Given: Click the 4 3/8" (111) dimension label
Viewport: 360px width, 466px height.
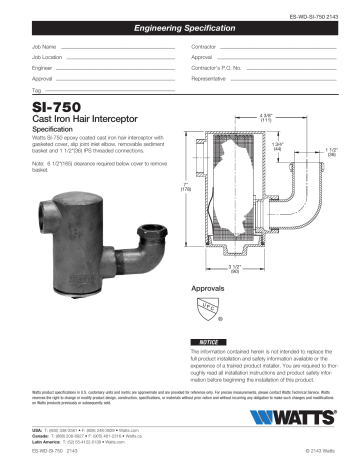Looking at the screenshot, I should click(x=266, y=117).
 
